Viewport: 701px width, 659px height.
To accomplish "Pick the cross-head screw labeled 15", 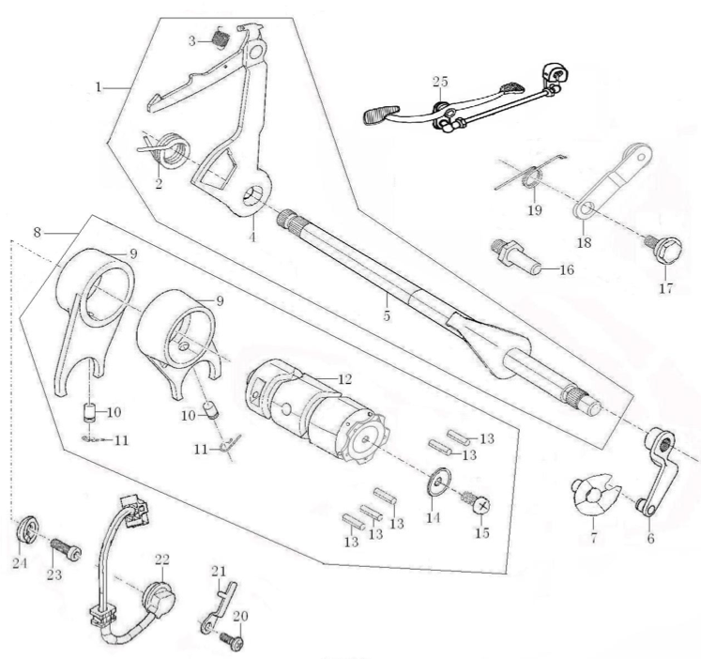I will [478, 508].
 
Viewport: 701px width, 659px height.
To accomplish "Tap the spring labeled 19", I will [532, 175].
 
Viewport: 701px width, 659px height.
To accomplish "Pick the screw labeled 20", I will [233, 642].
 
